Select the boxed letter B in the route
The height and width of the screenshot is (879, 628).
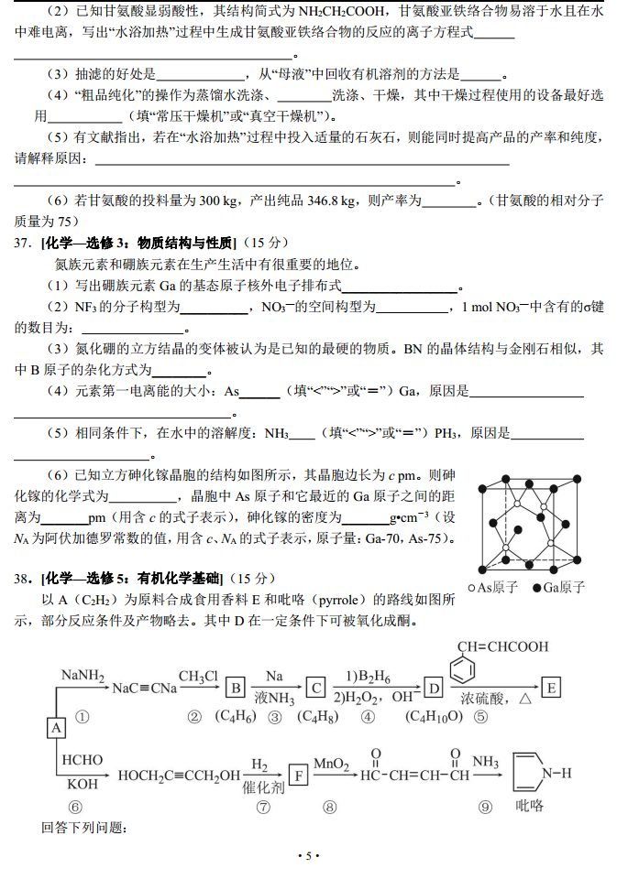point(235,687)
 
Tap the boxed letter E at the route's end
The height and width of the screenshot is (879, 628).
point(551,686)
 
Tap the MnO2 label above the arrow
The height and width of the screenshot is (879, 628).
point(330,763)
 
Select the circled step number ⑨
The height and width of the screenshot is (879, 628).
point(485,807)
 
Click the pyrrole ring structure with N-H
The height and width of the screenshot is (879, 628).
point(532,775)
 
